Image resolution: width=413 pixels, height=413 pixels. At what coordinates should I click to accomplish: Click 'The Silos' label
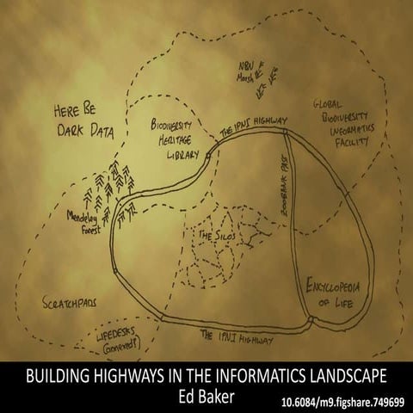(x=217, y=233)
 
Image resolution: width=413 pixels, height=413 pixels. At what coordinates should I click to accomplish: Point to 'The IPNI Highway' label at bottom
(x=236, y=336)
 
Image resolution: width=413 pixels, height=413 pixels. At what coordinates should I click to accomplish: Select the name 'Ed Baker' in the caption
(x=206, y=395)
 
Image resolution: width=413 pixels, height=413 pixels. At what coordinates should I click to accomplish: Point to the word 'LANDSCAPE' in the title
(x=345, y=377)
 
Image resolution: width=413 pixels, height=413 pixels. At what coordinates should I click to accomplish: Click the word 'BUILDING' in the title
(x=57, y=377)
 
